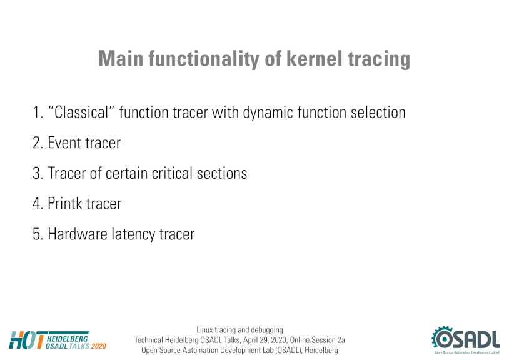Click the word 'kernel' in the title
tap(315, 58)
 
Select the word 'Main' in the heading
tap(121, 58)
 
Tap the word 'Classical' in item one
tap(81, 112)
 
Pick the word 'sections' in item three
tap(222, 173)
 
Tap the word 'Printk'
tap(65, 203)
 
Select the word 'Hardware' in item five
tap(78, 234)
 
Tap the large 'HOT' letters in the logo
tap(27, 340)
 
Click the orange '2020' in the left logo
tap(99, 346)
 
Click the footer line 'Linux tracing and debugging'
tap(239, 330)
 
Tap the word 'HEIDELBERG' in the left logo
tap(67, 339)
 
